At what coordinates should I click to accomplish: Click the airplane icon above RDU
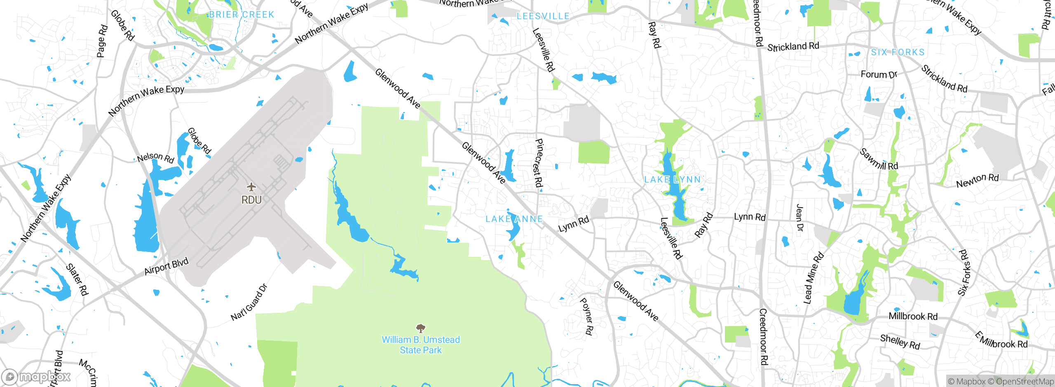[x=251, y=187]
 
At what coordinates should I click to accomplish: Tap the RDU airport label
[x=251, y=200]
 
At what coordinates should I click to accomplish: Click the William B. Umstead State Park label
[x=421, y=345]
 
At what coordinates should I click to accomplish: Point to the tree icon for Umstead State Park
[x=421, y=328]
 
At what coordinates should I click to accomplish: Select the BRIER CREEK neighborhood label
[x=241, y=15]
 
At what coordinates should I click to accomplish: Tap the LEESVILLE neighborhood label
[x=543, y=16]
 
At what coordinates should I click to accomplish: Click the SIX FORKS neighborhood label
[x=898, y=52]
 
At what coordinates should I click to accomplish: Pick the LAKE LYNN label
[x=673, y=180]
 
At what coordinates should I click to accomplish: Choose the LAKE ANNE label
[x=514, y=219]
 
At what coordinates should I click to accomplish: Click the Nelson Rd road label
[x=156, y=158]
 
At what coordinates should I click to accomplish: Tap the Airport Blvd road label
[x=166, y=266]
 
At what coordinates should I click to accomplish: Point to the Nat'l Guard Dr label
[x=249, y=303]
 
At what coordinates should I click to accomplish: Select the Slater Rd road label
[x=77, y=280]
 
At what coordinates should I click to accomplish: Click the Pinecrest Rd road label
[x=539, y=163]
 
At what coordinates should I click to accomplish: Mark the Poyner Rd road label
[x=586, y=316]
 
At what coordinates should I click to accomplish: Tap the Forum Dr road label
[x=879, y=75]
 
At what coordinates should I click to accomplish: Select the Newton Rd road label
[x=978, y=180]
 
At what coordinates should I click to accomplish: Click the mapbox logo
[x=36, y=376]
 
